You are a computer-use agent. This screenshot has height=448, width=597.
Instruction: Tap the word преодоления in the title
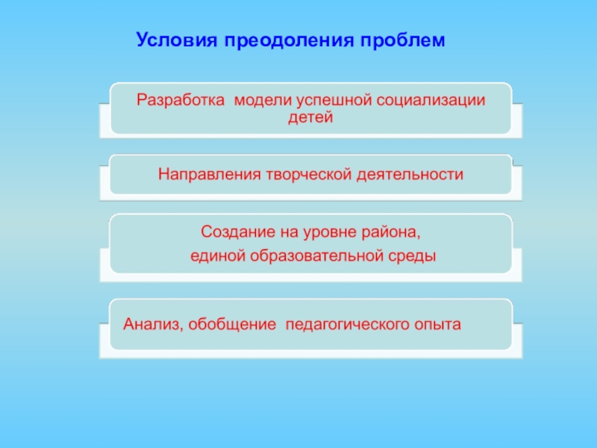point(284,38)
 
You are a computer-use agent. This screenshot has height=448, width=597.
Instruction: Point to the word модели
point(257,101)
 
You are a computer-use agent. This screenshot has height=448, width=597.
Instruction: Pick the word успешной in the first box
point(328,101)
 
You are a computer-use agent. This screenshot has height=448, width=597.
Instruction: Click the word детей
point(309,118)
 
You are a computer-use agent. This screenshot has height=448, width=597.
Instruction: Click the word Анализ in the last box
point(153,325)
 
